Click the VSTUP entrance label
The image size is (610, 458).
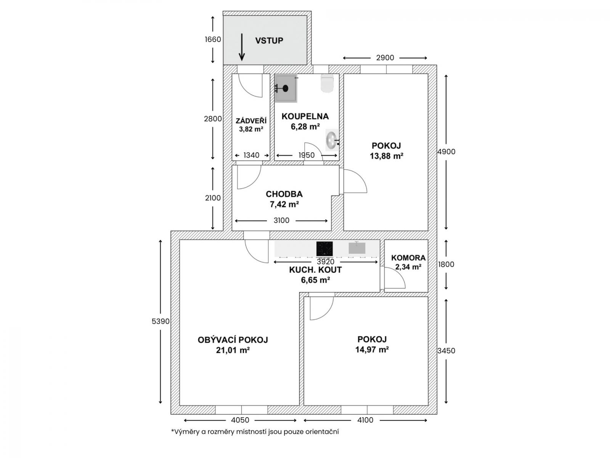269,40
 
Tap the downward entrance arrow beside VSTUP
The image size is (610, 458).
242,47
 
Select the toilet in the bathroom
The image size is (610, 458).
327,83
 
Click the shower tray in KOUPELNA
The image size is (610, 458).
286,88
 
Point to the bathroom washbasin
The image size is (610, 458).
332,140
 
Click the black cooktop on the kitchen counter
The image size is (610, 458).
324,248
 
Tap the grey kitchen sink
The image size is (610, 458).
357,248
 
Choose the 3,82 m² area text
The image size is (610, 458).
251,129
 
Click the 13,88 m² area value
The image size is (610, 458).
386,156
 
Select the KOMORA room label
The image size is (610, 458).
408,258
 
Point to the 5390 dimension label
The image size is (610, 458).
161,321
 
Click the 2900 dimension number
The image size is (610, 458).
385,58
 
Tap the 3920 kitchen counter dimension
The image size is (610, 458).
326,262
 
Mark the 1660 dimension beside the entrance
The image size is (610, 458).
213,39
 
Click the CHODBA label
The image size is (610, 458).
284,194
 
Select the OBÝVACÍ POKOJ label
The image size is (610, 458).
233,340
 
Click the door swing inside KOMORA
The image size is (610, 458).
395,278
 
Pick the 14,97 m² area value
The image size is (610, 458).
372,350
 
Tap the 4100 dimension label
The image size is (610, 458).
365,420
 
